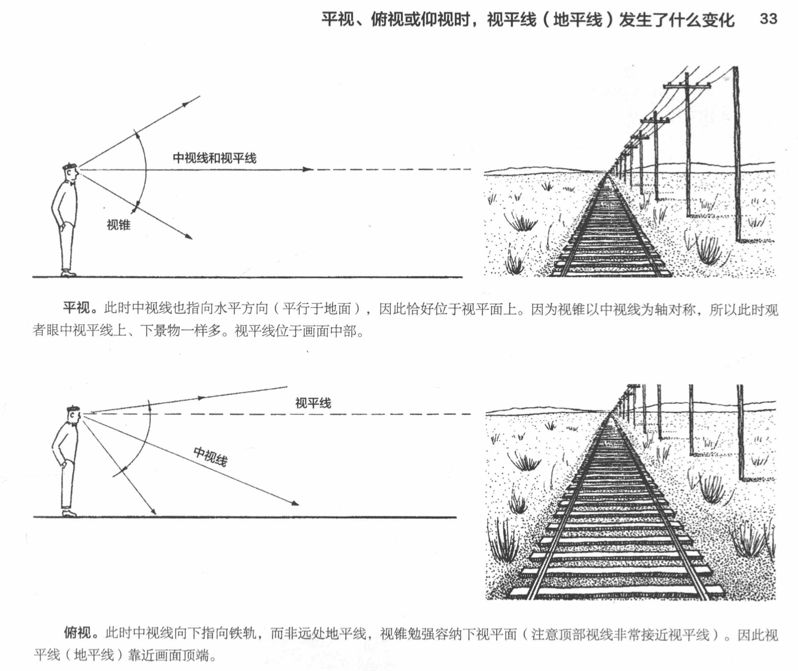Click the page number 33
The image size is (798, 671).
(x=768, y=19)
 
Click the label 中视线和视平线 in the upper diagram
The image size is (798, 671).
(x=214, y=158)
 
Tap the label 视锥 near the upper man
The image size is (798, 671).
(x=119, y=225)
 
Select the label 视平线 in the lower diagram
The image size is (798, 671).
(x=313, y=403)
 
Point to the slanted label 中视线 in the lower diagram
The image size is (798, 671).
(x=210, y=456)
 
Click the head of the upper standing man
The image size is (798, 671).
(x=70, y=171)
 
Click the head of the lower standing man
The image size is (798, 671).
(x=74, y=414)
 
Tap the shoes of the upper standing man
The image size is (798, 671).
(x=68, y=273)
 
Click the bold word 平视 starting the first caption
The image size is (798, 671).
(x=76, y=308)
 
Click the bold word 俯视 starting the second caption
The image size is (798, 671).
(x=77, y=633)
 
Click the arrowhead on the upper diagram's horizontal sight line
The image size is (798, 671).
(x=309, y=169)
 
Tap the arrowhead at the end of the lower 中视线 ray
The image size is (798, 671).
(x=295, y=503)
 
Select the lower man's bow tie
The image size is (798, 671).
(x=72, y=425)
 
